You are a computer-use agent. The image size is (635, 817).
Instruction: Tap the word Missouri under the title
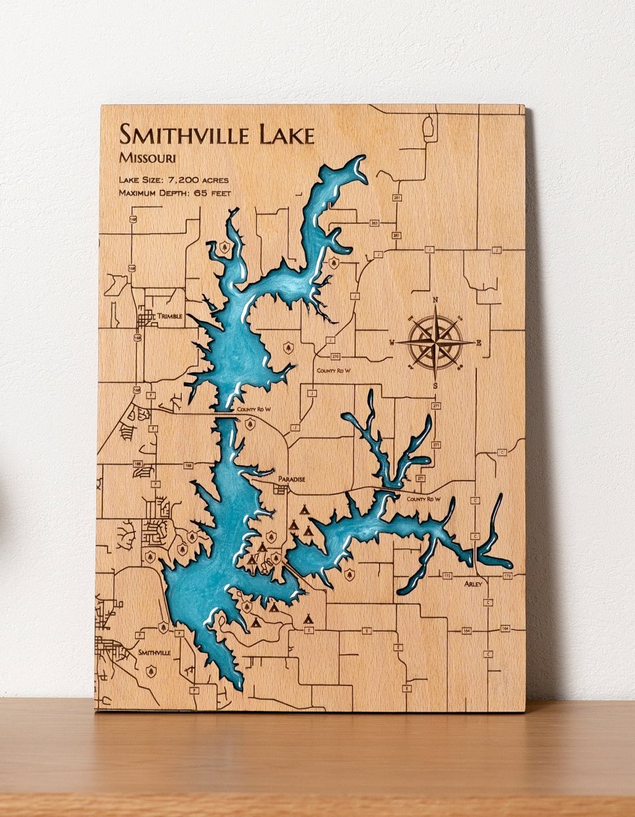pos(147,159)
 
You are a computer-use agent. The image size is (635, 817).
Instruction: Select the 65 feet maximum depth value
pos(214,193)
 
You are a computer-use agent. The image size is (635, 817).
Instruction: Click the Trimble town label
pos(170,317)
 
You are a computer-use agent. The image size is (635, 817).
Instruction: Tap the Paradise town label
pos(291,479)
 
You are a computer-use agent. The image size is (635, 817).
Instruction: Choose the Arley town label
pos(474,584)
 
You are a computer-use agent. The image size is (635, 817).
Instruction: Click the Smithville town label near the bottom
pos(154,652)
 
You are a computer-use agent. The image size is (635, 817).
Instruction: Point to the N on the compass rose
pos(435,300)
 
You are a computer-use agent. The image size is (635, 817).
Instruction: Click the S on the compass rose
pos(435,386)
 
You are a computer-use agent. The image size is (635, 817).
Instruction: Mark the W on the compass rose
pos(392,342)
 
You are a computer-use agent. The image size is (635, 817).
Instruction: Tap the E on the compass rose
pos(478,342)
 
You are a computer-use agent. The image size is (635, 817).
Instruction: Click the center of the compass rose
pos(435,342)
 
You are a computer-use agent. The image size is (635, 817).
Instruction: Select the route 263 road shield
pos(374,223)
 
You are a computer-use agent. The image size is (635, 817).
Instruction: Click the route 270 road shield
pos(335,356)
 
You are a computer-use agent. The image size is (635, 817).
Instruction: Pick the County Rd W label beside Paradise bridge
pos(424,499)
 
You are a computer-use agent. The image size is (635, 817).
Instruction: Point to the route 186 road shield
pos(138,464)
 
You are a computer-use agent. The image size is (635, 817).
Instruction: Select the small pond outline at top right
pos(430,127)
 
